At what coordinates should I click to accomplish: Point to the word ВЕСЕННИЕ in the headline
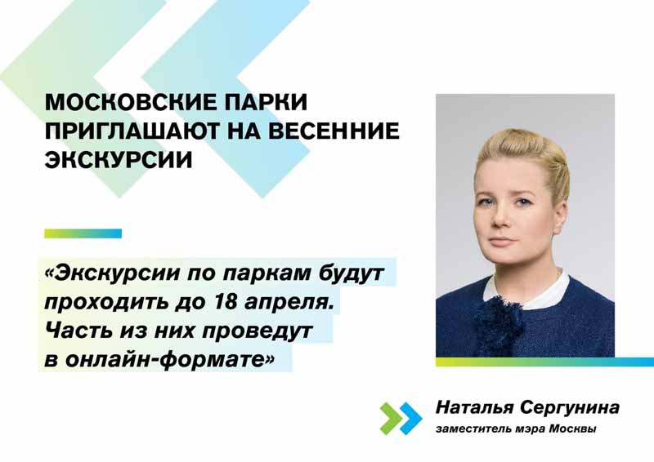[x=334, y=131]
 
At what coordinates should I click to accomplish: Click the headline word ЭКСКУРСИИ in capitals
[x=119, y=158]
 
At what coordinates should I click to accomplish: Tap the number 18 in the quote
[x=226, y=301]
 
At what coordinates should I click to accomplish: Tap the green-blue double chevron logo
[x=401, y=418]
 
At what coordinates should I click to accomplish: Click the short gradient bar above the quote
[x=83, y=233]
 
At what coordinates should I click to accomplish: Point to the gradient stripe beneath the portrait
[x=544, y=362]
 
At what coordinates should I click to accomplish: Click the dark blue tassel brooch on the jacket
[x=499, y=320]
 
